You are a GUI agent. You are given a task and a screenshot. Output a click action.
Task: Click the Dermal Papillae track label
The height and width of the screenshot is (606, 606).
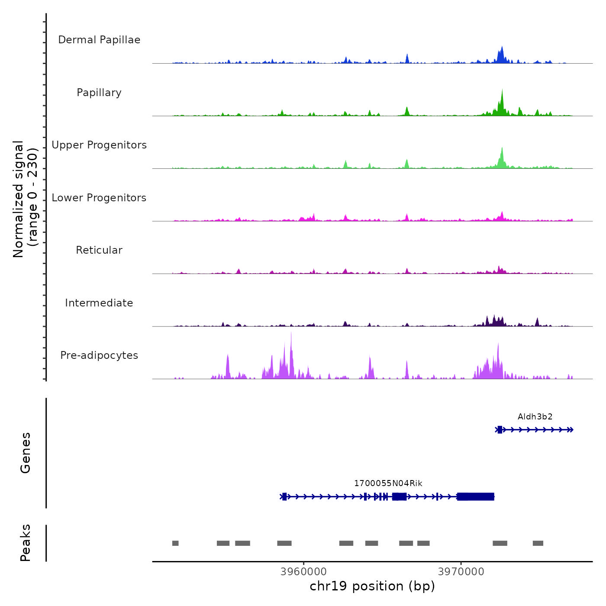click(99, 40)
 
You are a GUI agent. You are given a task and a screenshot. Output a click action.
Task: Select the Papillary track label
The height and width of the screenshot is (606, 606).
click(99, 93)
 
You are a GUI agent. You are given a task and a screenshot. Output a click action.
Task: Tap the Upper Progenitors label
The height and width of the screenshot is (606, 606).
click(99, 145)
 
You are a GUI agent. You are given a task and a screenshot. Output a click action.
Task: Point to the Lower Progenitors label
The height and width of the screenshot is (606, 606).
click(99, 198)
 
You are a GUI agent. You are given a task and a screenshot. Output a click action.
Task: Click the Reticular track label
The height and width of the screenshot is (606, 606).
click(99, 250)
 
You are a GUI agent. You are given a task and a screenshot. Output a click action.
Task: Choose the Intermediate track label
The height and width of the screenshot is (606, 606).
click(99, 303)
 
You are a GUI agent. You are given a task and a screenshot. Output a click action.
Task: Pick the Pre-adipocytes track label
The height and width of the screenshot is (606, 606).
click(99, 355)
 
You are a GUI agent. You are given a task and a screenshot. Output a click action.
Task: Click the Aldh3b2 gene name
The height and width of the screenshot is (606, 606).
click(535, 417)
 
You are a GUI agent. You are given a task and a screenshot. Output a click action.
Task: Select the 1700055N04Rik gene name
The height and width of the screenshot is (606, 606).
click(388, 484)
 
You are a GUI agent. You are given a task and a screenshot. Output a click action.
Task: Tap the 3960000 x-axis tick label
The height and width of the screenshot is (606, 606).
click(303, 572)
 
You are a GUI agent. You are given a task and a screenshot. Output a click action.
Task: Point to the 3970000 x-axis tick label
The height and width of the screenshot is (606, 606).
click(461, 572)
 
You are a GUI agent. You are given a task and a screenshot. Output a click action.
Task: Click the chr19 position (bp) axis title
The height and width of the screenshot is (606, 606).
click(372, 586)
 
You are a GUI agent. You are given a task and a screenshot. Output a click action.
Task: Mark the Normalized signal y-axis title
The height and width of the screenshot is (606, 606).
click(25, 199)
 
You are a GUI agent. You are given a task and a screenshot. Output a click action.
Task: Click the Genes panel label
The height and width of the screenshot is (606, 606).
click(26, 453)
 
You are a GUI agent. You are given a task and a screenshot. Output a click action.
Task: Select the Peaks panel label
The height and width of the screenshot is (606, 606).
click(26, 543)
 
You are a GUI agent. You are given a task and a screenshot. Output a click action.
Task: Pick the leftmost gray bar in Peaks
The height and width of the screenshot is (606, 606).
click(175, 543)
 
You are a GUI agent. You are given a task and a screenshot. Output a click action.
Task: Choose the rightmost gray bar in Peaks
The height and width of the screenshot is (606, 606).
click(538, 543)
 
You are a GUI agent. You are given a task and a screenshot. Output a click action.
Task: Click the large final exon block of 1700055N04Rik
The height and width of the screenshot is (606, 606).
click(476, 496)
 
